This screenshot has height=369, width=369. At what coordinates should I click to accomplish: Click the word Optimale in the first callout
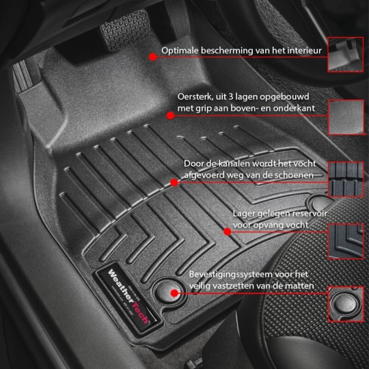coord(182,51)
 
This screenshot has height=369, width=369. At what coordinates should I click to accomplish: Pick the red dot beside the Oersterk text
coord(170,115)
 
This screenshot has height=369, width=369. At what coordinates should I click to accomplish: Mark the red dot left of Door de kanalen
coord(174,182)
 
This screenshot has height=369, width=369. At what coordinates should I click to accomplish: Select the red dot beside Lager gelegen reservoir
coord(228,231)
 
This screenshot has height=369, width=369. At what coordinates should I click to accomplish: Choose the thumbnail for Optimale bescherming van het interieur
coord(346,53)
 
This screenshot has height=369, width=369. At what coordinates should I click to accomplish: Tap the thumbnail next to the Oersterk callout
coord(346,117)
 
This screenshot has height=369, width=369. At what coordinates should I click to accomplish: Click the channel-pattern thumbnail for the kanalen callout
coord(346,180)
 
